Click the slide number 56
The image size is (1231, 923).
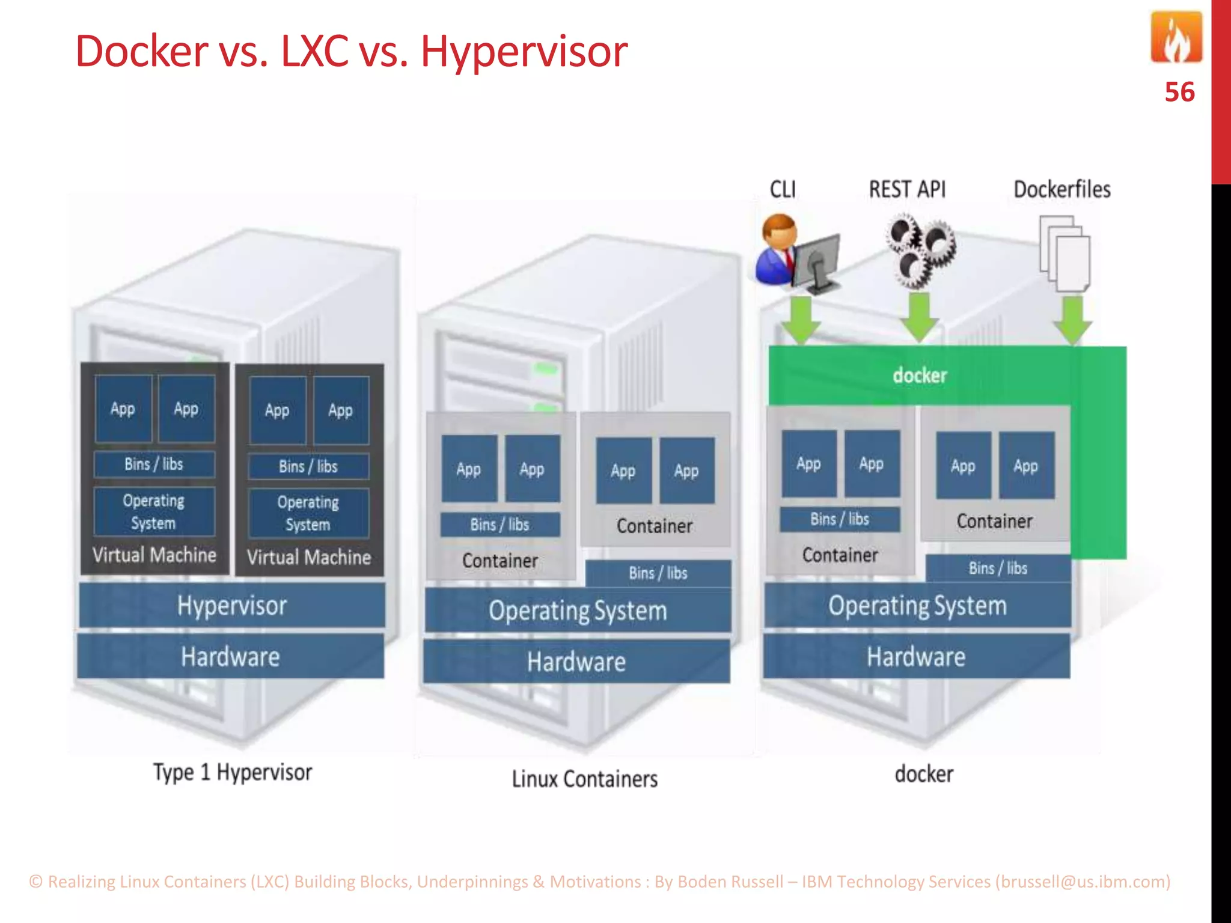click(x=1179, y=92)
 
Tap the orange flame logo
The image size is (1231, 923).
click(x=1176, y=37)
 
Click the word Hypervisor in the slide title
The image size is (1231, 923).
click(x=524, y=52)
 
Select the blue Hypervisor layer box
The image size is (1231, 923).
click(x=232, y=606)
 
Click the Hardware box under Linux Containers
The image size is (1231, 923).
click(x=576, y=662)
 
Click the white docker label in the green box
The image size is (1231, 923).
click(x=920, y=376)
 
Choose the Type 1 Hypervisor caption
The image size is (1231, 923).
click(x=233, y=772)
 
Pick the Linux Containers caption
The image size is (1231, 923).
click(x=584, y=779)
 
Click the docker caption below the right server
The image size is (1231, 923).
click(x=924, y=774)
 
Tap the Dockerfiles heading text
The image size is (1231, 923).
click(x=1061, y=189)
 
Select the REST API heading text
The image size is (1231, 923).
click(x=907, y=189)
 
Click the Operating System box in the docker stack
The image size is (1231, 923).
click(x=917, y=606)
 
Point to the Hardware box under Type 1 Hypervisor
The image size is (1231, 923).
click(x=230, y=657)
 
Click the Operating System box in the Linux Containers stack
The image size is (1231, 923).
click(x=578, y=611)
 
